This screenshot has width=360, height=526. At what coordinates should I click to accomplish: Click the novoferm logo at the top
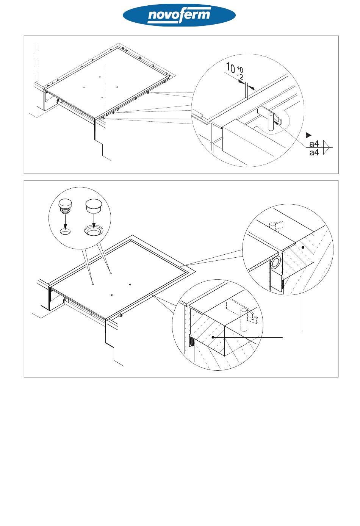click(x=179, y=16)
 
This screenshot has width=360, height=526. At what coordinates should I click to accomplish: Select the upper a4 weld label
click(x=314, y=144)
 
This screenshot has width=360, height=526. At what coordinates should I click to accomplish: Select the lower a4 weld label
click(x=314, y=153)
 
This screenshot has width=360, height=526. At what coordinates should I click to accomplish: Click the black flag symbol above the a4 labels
click(x=308, y=135)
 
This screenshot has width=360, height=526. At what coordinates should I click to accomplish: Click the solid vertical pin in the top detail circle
click(x=271, y=121)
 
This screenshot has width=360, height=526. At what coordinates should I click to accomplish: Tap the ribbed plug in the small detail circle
click(x=65, y=205)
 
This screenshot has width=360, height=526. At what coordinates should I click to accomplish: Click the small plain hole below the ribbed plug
click(x=65, y=232)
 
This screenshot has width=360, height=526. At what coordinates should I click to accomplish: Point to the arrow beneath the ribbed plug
click(x=65, y=220)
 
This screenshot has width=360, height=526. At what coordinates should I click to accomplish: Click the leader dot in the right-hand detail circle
click(x=304, y=247)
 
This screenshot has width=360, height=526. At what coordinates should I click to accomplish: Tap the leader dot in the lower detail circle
click(x=213, y=337)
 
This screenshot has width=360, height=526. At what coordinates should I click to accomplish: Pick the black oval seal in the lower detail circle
click(x=191, y=342)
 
